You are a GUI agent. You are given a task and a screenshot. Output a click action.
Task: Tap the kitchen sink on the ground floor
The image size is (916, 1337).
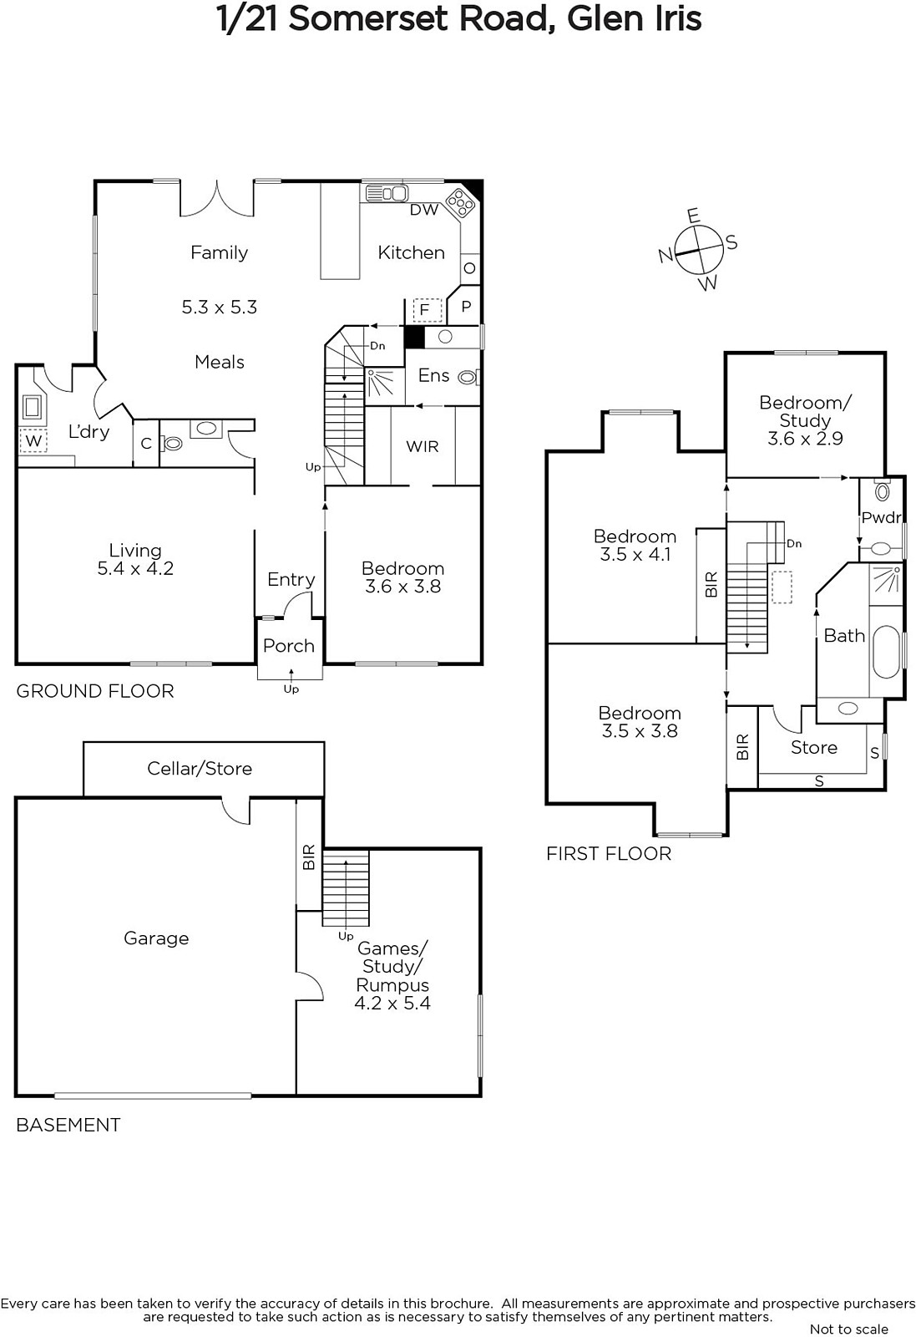point(387,193)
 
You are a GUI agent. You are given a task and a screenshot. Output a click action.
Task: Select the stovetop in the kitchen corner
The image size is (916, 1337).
point(461,204)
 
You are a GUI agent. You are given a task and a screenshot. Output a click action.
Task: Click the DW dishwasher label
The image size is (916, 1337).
point(424,210)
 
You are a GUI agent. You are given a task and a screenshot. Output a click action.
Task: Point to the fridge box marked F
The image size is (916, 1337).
point(427,310)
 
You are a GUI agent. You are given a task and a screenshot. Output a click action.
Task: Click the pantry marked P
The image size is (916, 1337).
point(466,306)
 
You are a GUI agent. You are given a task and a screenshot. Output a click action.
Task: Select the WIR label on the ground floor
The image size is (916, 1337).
point(423,446)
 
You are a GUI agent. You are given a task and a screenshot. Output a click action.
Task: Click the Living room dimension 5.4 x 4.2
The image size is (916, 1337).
point(135,568)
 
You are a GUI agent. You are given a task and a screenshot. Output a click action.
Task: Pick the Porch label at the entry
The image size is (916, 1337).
point(289,646)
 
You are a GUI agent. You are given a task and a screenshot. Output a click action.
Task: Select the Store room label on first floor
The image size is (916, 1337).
point(814,747)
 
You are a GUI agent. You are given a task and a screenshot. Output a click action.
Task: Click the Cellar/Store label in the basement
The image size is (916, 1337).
point(200,768)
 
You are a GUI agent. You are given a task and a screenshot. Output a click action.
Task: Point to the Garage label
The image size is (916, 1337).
point(156,938)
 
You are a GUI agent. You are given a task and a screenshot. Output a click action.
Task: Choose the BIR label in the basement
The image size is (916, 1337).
point(309,857)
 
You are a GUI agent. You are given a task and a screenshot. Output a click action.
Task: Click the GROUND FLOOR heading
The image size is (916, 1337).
point(95,691)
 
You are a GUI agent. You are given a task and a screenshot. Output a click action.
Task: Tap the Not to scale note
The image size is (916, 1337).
point(849,1329)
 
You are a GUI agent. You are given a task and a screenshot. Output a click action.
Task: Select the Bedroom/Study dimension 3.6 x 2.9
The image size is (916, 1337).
point(805,439)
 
